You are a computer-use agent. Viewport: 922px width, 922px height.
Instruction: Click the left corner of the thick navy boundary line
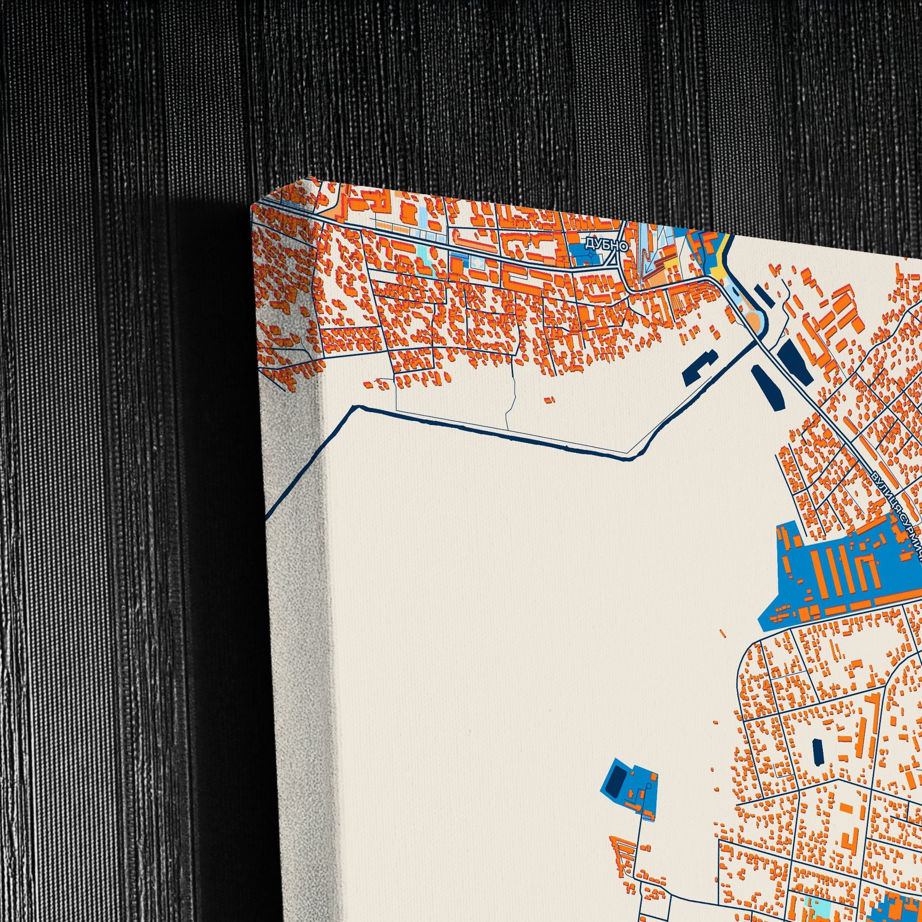pos(355,407)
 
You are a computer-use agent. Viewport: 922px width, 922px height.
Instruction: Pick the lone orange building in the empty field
pos(550,400)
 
